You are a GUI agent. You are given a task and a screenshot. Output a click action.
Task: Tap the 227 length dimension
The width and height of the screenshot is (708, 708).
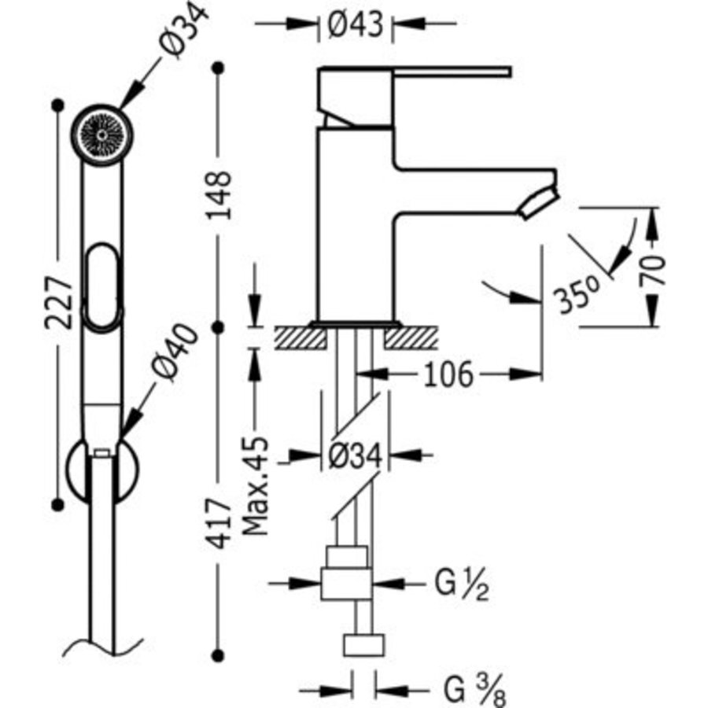(x=59, y=303)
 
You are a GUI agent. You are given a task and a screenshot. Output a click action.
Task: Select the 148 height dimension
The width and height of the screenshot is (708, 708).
(x=219, y=195)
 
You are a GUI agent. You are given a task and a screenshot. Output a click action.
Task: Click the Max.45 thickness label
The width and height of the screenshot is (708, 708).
(x=255, y=486)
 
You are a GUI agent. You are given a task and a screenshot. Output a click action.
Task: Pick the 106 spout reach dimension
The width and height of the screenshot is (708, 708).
(x=448, y=374)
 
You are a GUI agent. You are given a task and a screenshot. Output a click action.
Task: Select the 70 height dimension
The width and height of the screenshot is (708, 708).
(x=652, y=271)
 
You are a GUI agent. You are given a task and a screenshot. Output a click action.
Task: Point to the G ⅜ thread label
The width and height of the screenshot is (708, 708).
(x=474, y=690)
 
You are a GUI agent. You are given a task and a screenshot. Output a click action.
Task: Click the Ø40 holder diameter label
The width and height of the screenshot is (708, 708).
(x=175, y=352)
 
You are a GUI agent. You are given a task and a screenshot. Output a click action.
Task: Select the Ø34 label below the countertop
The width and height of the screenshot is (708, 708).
(x=356, y=456)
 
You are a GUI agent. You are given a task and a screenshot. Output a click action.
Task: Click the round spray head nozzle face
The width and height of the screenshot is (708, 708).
(x=102, y=135)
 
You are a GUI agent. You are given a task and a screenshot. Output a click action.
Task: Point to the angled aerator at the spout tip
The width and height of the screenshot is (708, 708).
(x=539, y=203)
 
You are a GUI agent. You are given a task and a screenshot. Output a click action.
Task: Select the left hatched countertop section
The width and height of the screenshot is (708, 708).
(x=301, y=337)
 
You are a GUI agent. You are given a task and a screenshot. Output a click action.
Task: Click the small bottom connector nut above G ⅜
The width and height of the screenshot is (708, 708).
(x=363, y=645)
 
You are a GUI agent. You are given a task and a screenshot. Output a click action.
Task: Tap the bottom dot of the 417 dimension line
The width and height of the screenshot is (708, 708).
(x=218, y=655)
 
